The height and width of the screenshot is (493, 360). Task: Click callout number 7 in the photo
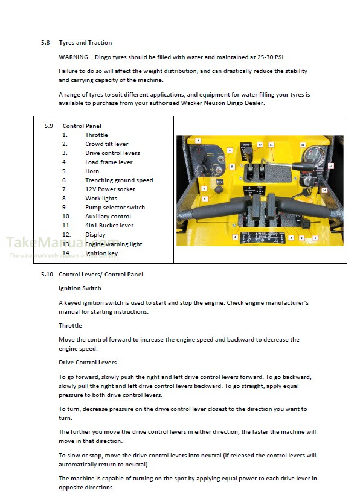(198, 141)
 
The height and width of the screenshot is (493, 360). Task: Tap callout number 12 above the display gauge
(303, 145)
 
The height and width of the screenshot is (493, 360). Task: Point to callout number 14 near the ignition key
(324, 190)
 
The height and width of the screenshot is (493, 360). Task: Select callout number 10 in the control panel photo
(260, 145)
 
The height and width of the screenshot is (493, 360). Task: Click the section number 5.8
(45, 43)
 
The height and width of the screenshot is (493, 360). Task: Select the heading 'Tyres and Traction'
(85, 43)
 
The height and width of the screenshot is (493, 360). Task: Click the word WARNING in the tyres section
(75, 57)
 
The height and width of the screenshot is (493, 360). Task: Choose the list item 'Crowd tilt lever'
(106, 144)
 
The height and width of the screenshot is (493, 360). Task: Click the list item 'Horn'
(92, 171)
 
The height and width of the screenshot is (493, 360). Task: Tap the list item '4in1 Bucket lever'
(109, 226)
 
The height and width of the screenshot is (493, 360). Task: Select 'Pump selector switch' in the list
(115, 208)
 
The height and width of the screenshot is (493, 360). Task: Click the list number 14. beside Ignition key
(66, 253)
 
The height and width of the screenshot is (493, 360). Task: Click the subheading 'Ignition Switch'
(80, 288)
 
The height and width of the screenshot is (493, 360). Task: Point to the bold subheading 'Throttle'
(70, 326)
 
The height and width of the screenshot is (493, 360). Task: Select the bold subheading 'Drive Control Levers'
(88, 363)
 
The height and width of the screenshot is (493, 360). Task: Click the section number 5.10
(47, 275)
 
